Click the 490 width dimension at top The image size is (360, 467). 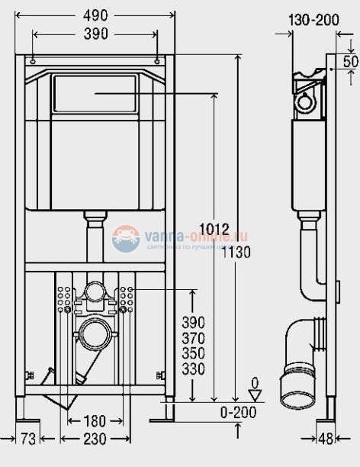[x=95, y=14]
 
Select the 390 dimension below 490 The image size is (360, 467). [x=95, y=34]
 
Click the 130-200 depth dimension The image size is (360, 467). [x=316, y=20]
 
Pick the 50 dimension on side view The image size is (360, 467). [x=350, y=61]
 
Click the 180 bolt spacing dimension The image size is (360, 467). [x=95, y=421]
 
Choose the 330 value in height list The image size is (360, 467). [x=194, y=369]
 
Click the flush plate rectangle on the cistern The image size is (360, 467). [x=95, y=93]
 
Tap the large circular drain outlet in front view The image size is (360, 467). [x=95, y=333]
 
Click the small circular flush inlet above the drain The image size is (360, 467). [x=95, y=291]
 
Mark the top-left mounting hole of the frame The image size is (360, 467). [x=34, y=60]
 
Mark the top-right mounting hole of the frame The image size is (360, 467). [x=156, y=60]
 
